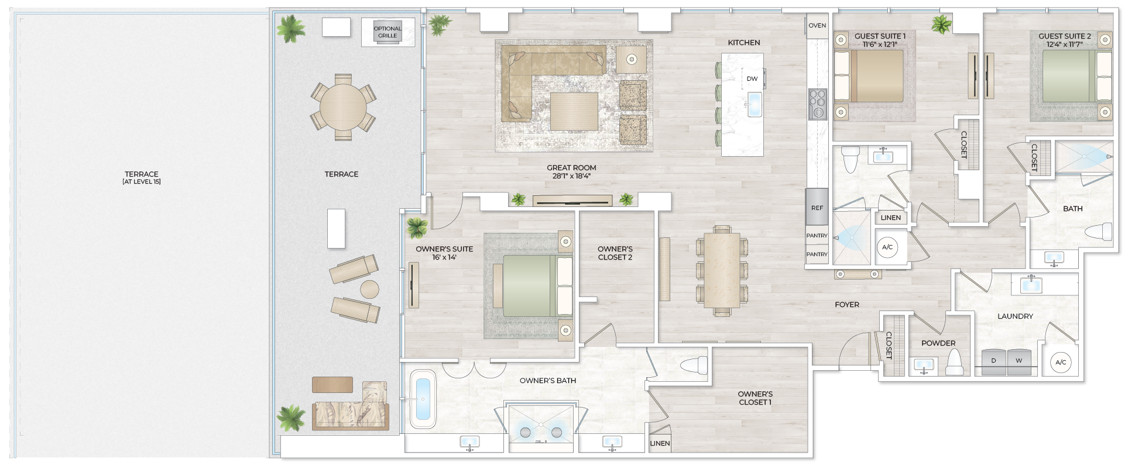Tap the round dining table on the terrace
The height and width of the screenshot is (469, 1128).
click(x=343, y=107)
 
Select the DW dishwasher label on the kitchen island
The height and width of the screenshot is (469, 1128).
click(x=752, y=78)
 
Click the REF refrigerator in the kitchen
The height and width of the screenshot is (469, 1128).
click(x=817, y=207)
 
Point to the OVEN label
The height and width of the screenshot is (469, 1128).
click(x=817, y=26)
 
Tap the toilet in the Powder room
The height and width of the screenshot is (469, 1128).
click(x=955, y=363)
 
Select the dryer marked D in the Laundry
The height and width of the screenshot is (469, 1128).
click(x=993, y=361)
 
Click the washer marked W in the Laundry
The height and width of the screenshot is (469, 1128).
click(x=1019, y=361)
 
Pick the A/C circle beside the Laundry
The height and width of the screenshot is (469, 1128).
click(x=1061, y=363)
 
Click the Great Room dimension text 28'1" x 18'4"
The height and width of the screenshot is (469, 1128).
click(x=571, y=176)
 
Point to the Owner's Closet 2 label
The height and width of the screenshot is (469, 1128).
click(x=615, y=253)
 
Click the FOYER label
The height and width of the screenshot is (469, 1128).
click(x=846, y=305)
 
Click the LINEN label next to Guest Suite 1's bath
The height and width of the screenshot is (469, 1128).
click(x=890, y=218)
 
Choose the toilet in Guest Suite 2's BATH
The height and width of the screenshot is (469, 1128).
click(x=1098, y=232)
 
